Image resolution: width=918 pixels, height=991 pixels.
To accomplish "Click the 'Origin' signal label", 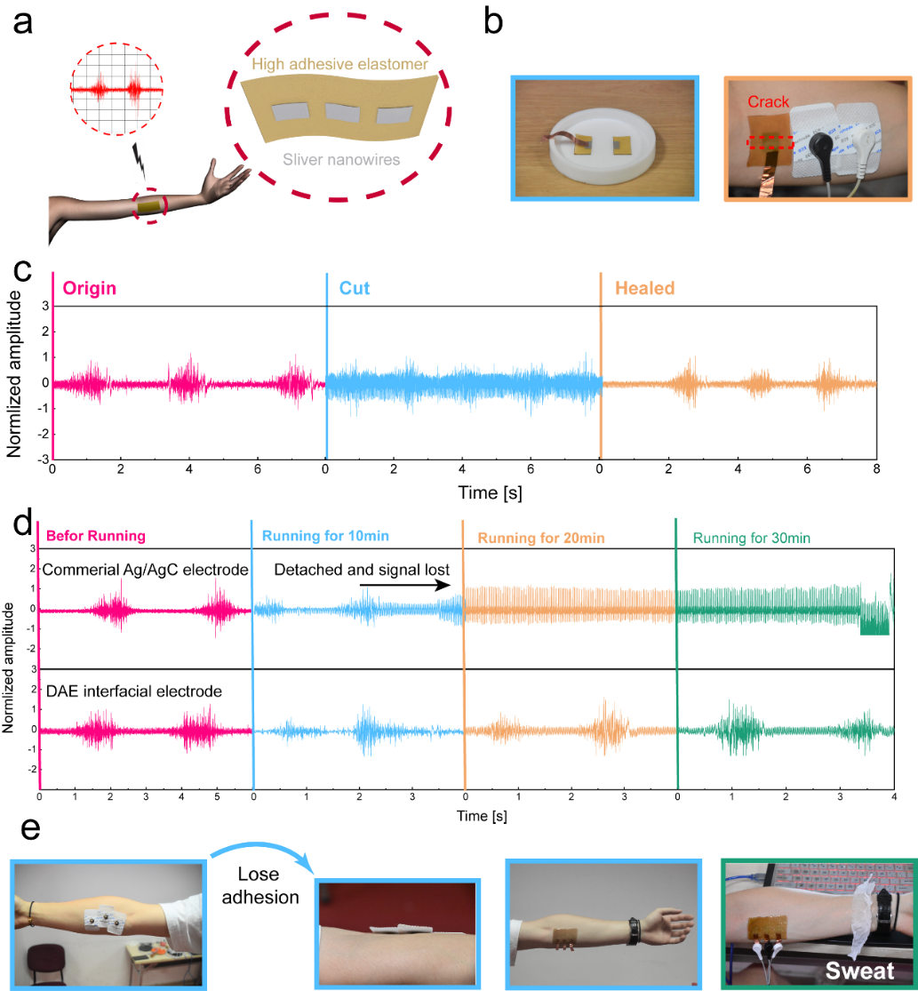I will pos(89,289).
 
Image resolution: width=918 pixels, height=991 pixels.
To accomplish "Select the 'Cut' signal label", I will pos(355,289).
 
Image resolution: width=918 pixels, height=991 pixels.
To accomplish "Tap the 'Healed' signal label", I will pos(644,289).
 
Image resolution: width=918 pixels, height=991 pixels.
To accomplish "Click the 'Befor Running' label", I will pos(96,537).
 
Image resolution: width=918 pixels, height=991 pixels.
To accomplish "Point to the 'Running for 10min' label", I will pos(325,537).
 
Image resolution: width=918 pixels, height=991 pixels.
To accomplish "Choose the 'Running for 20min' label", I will pos(541,539).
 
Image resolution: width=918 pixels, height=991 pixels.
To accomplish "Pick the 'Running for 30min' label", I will pos(752,539).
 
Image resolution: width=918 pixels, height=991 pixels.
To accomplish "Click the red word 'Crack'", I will pos(768,102).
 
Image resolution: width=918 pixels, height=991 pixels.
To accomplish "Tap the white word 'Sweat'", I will pos(859,970).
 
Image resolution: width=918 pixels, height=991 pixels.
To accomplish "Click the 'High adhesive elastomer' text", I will pos(340,65).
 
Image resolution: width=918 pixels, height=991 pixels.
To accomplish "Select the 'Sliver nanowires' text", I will pos(340,160).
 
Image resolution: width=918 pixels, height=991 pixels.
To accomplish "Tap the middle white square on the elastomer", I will pos(339,113).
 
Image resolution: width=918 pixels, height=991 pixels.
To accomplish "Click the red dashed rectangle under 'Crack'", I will pos(770,142).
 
